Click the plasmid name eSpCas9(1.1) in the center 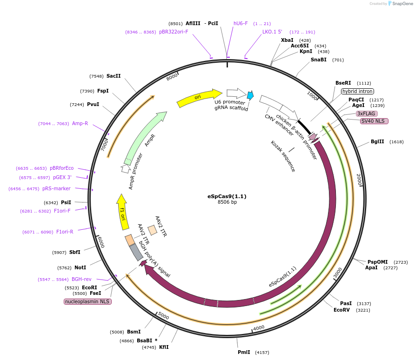point(227,196)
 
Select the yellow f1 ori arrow point(123,212)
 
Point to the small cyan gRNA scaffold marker point(250,95)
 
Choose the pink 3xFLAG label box point(366,113)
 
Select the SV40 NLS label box point(374,121)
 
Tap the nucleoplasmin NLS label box point(87,301)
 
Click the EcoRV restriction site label point(341,310)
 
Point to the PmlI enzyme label point(243,352)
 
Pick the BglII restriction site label point(377,141)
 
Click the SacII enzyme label point(114,76)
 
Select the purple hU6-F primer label point(241,23)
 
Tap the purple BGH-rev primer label point(81,279)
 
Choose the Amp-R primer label point(80,123)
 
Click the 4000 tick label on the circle point(259,327)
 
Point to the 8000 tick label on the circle point(172,76)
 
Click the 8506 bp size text point(227,202)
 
